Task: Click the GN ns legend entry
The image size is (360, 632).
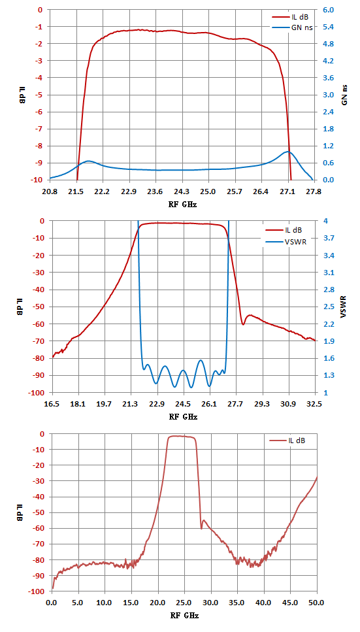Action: [290, 27]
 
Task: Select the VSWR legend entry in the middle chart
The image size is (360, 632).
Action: [284, 243]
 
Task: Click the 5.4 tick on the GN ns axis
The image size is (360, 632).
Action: [329, 27]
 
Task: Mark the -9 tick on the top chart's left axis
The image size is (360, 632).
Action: [39, 163]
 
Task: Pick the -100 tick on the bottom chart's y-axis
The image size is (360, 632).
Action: [37, 591]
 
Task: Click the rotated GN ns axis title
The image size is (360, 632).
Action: [345, 95]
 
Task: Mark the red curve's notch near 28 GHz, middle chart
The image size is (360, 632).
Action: [243, 324]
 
